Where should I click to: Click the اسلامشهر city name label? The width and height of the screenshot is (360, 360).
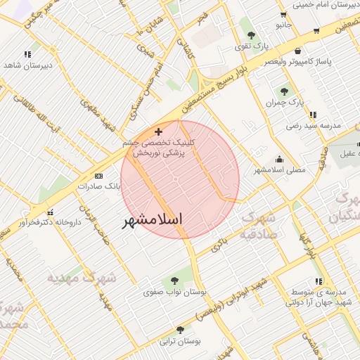[x=152, y=220]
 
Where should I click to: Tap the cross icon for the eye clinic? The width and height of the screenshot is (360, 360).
[x=158, y=131]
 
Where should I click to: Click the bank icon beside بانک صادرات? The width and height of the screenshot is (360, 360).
[x=98, y=176]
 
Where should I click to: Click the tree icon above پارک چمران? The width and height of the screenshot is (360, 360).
[x=285, y=91]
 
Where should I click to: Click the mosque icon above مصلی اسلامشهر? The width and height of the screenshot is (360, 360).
[x=280, y=159]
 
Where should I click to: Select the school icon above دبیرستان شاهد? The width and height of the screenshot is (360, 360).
[x=27, y=53]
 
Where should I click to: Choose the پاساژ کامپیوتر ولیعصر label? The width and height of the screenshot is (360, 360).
[x=301, y=62]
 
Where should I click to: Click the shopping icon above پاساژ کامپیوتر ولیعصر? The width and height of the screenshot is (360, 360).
[x=300, y=51]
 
